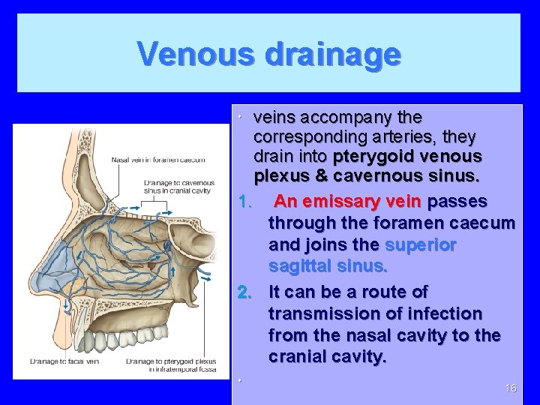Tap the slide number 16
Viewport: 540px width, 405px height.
(x=511, y=388)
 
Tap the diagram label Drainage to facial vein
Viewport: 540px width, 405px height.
(x=64, y=361)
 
